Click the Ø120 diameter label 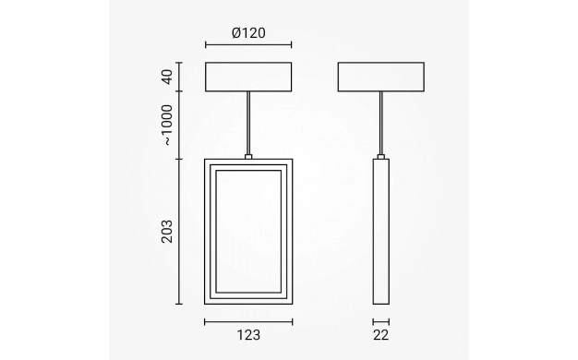tap(248, 33)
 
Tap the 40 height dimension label tap(167, 77)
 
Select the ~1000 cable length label tap(167, 126)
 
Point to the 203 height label tap(167, 232)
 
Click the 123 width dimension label tap(248, 335)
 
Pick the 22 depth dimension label tap(380, 335)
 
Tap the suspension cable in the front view tap(248, 123)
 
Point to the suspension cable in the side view tap(380, 123)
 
